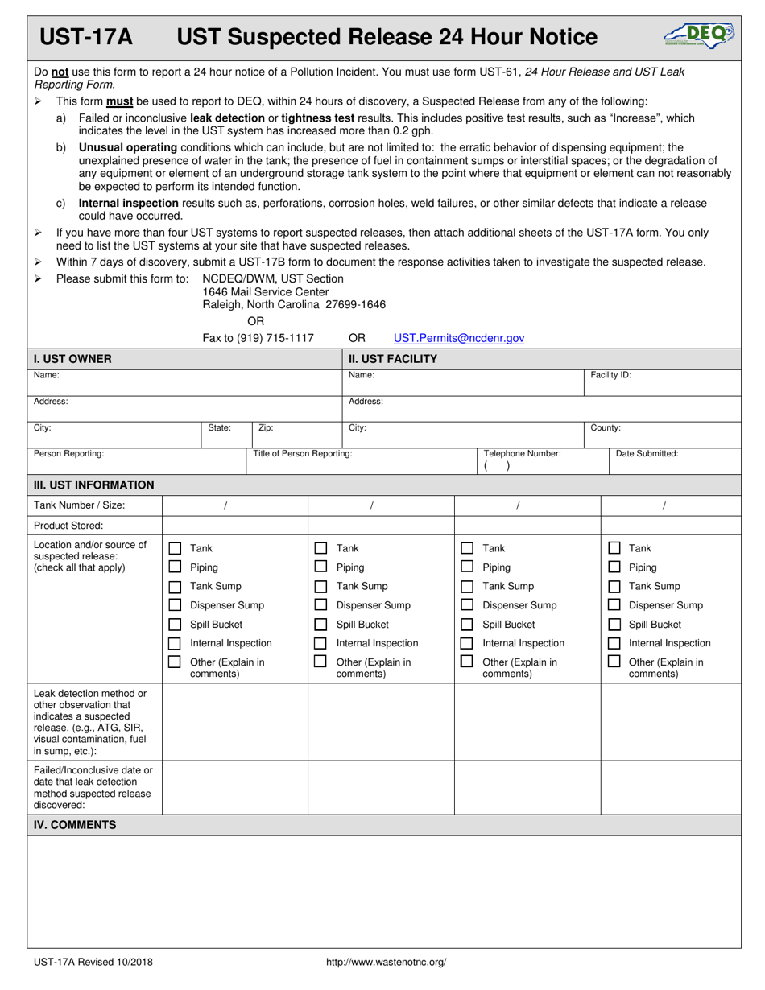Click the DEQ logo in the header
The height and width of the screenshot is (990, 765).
tap(698, 35)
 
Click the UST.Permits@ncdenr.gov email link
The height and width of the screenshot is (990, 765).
tap(458, 338)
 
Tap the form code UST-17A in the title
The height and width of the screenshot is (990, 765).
tap(87, 37)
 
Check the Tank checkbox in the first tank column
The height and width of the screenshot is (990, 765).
tap(175, 548)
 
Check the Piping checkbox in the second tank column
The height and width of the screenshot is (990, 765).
tap(320, 567)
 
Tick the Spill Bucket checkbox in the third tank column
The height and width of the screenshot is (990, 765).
tap(467, 625)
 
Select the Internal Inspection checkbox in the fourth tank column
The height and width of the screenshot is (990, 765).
tap(614, 643)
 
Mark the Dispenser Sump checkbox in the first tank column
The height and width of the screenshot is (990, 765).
tap(175, 605)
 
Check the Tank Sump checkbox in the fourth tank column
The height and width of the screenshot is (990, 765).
tap(614, 586)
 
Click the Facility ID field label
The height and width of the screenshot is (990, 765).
tap(610, 375)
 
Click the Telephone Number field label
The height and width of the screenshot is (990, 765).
tap(522, 453)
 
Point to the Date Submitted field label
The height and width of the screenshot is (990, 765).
tap(647, 453)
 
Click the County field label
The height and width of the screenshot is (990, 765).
tap(606, 428)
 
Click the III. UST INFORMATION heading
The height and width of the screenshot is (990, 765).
tap(93, 485)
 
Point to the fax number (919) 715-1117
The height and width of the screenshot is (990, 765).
tap(258, 338)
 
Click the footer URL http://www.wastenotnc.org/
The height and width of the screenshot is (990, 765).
tap(386, 962)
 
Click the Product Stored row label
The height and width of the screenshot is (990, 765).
tap(68, 526)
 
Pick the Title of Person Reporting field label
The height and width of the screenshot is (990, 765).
tap(302, 453)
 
